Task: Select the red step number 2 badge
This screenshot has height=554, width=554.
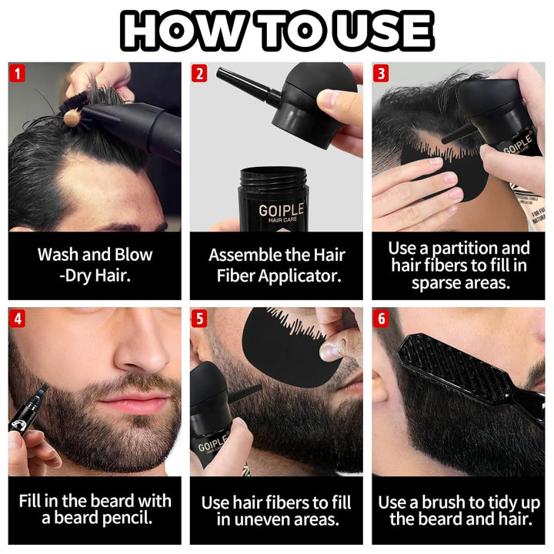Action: [200, 75]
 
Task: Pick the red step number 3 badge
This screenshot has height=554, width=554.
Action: [382, 75]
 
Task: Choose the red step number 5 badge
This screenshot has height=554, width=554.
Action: [200, 319]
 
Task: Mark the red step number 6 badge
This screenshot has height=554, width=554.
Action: [382, 319]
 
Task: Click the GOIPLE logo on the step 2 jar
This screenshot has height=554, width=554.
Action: [281, 210]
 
